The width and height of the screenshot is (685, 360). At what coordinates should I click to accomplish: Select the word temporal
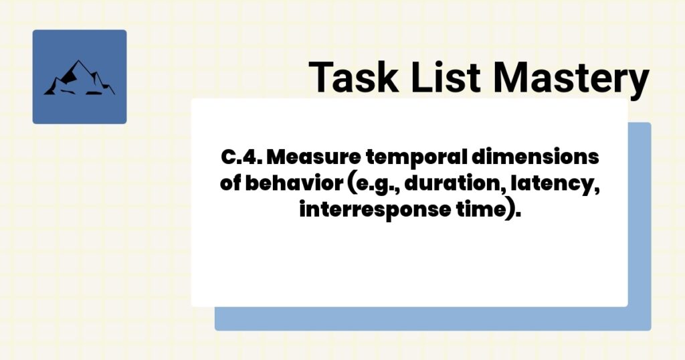click(418, 159)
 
